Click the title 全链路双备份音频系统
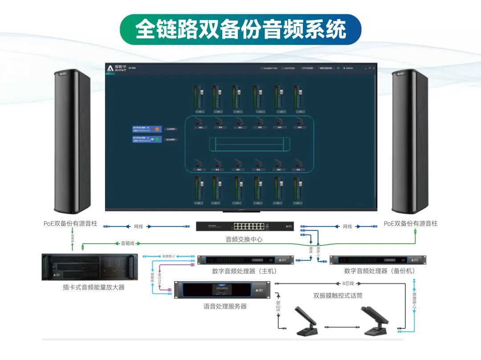pyautogui.click(x=240, y=29)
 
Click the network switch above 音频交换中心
pyautogui.click(x=245, y=226)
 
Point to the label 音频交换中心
pyautogui.click(x=244, y=239)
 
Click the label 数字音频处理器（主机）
pyautogui.click(x=245, y=271)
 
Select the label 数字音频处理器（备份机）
pyautogui.click(x=379, y=271)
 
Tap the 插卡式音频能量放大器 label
pyautogui.click(x=94, y=287)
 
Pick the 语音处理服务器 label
pyautogui.click(x=225, y=307)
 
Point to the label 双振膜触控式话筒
pyautogui.click(x=338, y=295)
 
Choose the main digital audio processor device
pyautogui.click(x=245, y=260)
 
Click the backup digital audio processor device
pyautogui.click(x=377, y=260)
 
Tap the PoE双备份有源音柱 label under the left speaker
pyautogui.click(x=70, y=224)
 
